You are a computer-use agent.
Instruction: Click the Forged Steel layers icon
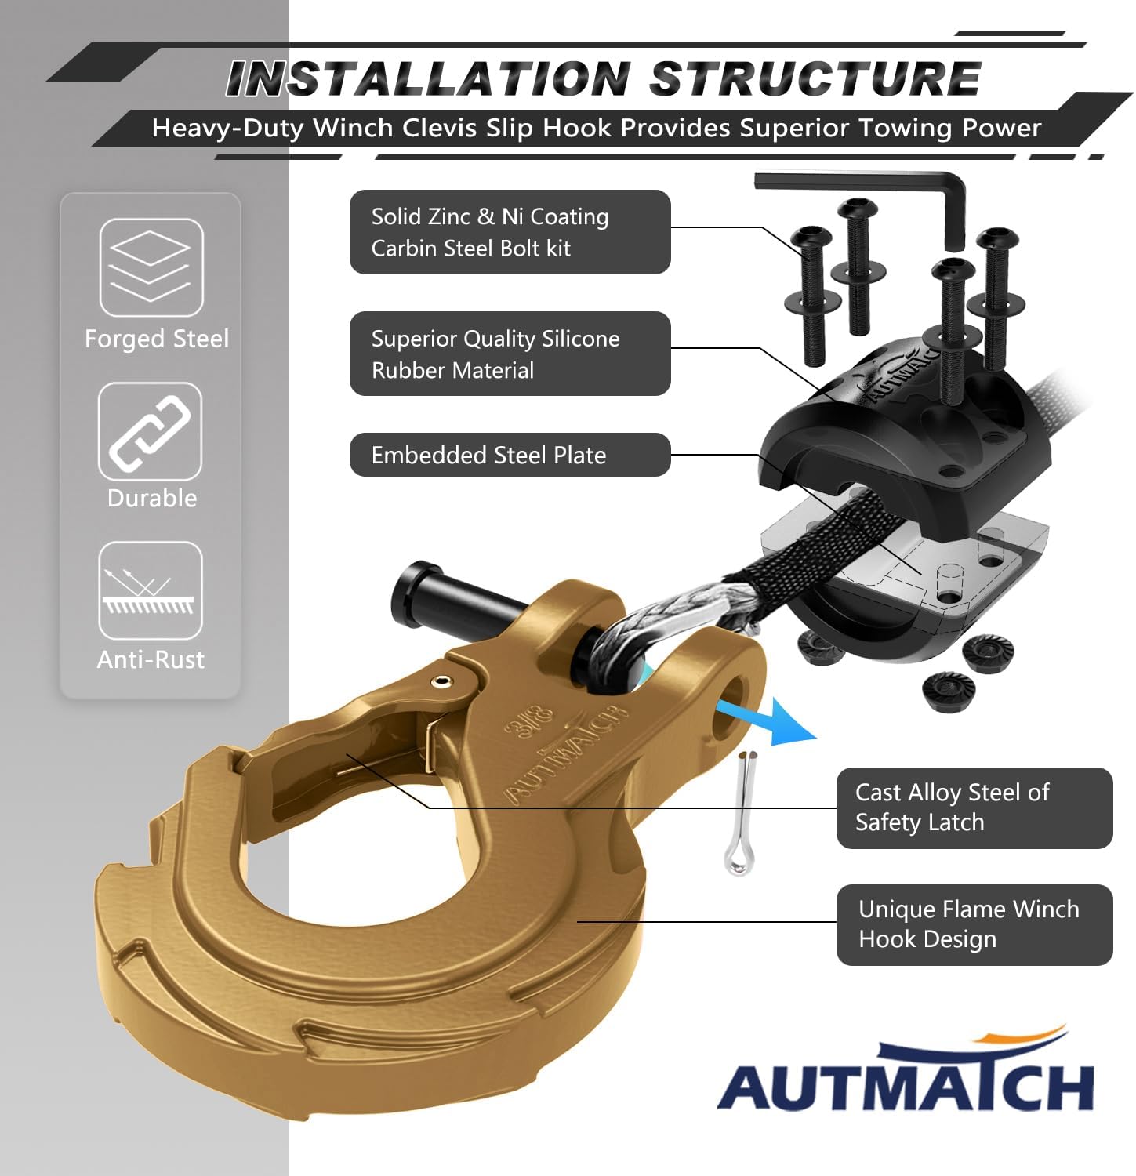coord(151,267)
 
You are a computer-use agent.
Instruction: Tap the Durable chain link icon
coord(150,431)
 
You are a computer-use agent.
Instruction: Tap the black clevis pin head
coord(416,592)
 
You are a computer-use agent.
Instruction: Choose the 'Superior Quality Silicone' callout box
coord(510,354)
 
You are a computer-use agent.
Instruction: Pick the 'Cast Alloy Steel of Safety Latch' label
coord(974,808)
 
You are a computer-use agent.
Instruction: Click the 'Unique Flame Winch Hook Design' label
coord(974,924)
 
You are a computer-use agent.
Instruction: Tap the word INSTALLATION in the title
coord(427,79)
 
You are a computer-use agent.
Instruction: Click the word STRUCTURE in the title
coord(815,79)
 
